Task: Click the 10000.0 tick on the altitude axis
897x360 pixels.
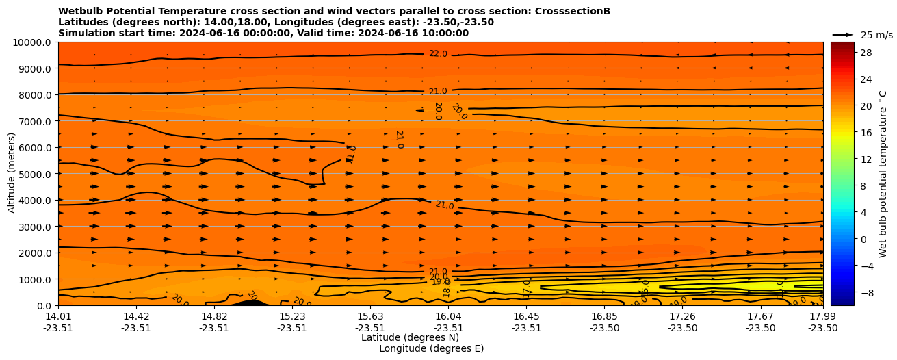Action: coord(32,42)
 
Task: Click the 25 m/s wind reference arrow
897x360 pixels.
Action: coord(842,35)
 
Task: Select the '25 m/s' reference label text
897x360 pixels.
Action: coord(876,35)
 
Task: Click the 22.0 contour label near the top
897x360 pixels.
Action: coord(438,54)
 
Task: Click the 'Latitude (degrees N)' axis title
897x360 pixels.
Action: coord(410,337)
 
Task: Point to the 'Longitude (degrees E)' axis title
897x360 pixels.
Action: coord(431,348)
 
